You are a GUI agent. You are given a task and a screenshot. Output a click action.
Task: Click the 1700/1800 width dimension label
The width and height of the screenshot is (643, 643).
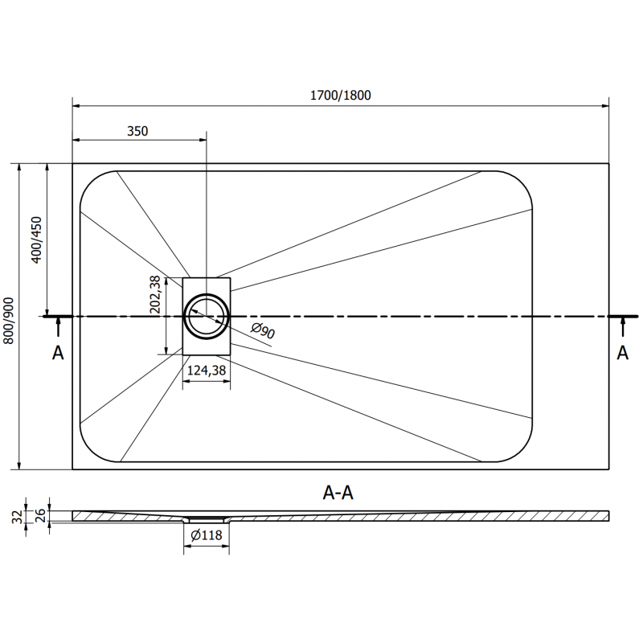pos(341,95)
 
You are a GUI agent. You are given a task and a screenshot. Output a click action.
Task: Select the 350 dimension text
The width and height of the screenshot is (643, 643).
pos(137,132)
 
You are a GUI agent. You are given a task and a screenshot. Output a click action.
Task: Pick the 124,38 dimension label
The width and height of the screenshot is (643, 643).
pos(207,371)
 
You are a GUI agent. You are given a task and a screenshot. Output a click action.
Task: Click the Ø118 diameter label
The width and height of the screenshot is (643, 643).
pos(207,536)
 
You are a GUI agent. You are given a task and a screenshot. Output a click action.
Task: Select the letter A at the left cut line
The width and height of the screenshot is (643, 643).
pos(57,352)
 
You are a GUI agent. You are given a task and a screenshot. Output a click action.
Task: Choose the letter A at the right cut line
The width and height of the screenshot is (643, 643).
pos(622,352)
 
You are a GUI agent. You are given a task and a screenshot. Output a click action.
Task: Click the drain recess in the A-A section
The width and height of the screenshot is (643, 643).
pos(207,520)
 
